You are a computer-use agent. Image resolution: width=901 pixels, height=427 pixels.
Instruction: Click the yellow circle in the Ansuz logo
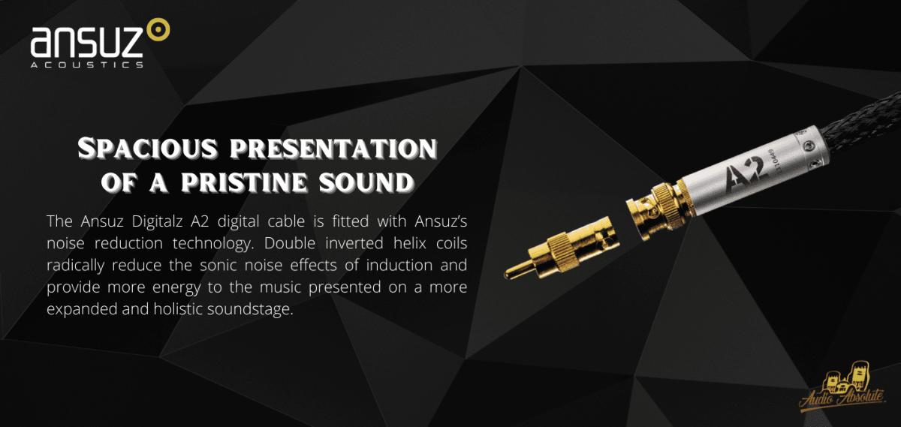[x=158, y=29]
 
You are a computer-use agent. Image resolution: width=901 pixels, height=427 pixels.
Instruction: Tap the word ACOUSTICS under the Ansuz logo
[x=87, y=65]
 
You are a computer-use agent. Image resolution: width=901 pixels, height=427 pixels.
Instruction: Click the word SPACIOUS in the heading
[x=148, y=149]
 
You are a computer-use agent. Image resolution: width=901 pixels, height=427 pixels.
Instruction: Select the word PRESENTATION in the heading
[x=333, y=149]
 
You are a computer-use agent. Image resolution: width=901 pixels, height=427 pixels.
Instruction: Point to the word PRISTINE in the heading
[x=244, y=182]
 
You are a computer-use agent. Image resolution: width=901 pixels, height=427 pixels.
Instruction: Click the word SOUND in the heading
[x=366, y=183]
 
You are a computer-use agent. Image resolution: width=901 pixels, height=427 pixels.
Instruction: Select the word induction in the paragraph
[x=399, y=266]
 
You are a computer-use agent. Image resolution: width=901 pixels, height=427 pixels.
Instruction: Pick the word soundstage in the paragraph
[x=250, y=310]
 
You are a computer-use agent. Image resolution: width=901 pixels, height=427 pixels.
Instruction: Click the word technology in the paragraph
[x=213, y=244]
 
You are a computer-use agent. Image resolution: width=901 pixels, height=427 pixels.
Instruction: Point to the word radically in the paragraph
[x=75, y=266]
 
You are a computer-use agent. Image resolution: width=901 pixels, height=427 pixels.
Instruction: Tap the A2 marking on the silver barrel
[x=744, y=173]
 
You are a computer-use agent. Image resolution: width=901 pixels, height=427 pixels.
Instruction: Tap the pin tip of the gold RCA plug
[x=508, y=275]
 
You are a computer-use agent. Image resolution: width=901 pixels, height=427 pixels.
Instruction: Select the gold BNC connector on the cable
[x=655, y=210]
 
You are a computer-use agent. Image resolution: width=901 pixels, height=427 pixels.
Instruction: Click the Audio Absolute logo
[x=842, y=388]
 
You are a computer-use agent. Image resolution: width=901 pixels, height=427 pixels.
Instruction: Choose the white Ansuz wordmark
[x=87, y=42]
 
